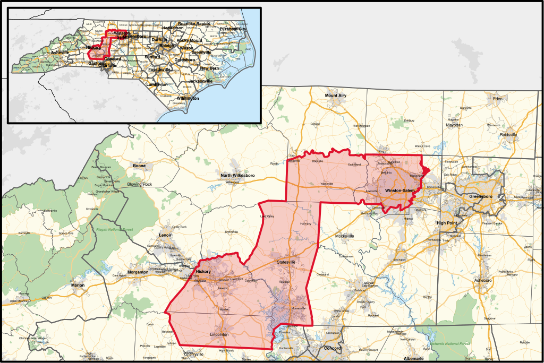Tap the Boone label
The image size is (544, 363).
[139, 166]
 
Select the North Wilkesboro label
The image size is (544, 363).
[239, 175]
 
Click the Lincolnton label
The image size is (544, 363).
[219, 335]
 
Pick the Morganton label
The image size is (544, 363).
[129, 273]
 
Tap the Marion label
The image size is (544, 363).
[78, 286]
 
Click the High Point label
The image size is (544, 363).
[447, 223]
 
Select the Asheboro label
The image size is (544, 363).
[483, 280]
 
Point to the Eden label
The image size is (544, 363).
[497, 99]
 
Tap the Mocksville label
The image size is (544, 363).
[345, 236]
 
